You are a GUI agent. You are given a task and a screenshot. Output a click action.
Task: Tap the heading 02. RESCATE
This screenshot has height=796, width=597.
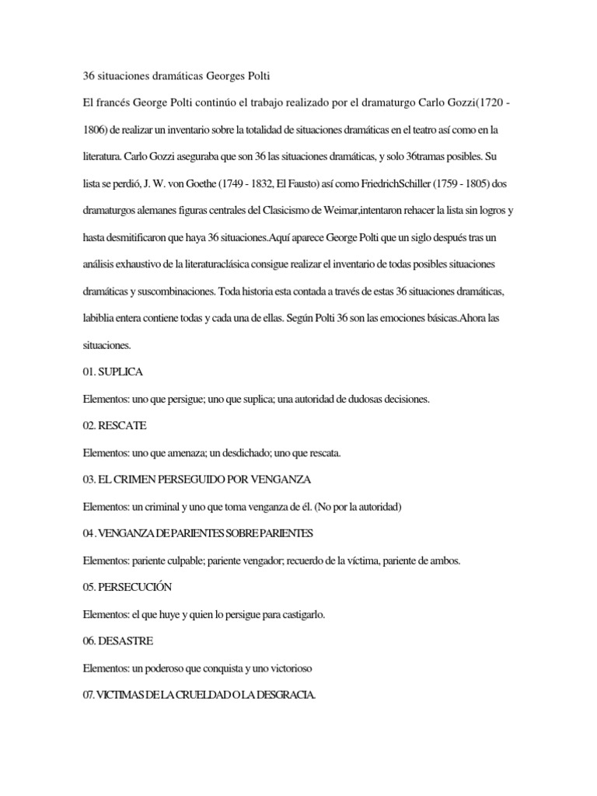pyautogui.click(x=114, y=426)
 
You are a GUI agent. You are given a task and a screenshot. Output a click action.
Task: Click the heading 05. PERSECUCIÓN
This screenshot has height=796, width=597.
pyautogui.click(x=127, y=586)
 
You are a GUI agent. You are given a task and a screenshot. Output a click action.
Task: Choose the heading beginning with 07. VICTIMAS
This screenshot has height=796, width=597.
pyautogui.click(x=199, y=694)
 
